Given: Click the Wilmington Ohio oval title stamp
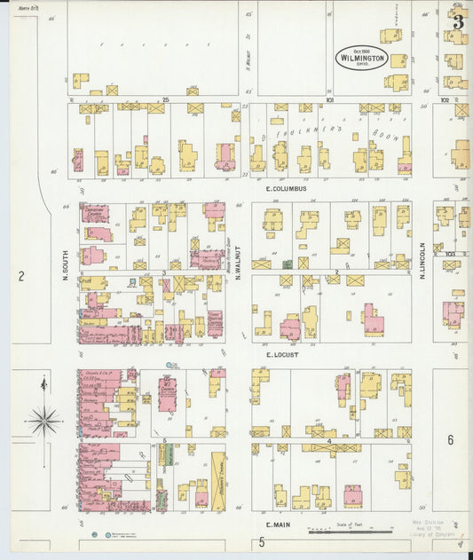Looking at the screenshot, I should pyautogui.click(x=361, y=58).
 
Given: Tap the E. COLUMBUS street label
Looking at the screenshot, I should pyautogui.click(x=285, y=189).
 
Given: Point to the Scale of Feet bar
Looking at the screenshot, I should pyautogui.click(x=348, y=532).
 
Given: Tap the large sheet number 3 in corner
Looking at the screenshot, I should pyautogui.click(x=458, y=22).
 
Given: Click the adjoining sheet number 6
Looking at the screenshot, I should pyautogui.click(x=450, y=440).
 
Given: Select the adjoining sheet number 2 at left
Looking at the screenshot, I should pyautogui.click(x=20, y=277).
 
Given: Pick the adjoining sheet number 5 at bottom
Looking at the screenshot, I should pyautogui.click(x=262, y=541).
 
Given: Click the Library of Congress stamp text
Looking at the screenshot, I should pyautogui.click(x=433, y=532).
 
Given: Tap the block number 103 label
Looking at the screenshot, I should pyautogui.click(x=450, y=254).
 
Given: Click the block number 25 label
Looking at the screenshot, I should pyautogui.click(x=164, y=100).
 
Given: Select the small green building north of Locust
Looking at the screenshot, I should pyautogui.click(x=287, y=264).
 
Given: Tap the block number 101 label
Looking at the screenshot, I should pyautogui.click(x=328, y=100).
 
